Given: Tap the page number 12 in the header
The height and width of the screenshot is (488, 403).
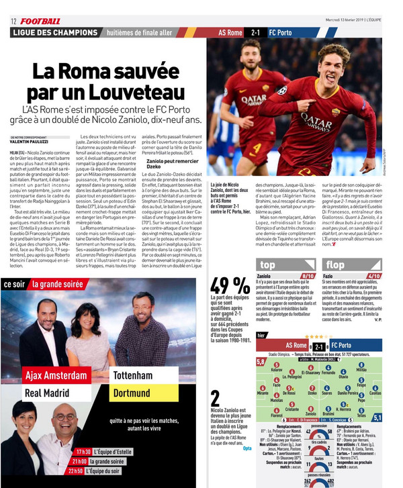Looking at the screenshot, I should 13,21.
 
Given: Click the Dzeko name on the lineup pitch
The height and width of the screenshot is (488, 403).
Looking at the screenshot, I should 312,392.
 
